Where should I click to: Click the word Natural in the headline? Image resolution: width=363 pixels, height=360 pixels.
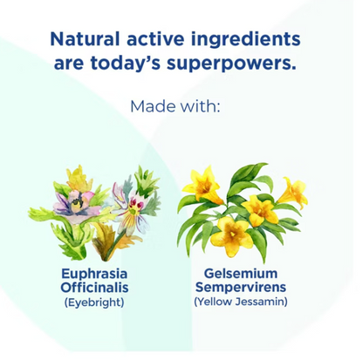(85, 39)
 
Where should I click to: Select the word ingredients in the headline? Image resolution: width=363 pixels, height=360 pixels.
(246, 40)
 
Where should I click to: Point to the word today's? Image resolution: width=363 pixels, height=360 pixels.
(126, 63)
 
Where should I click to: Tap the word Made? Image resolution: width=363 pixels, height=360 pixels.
(153, 106)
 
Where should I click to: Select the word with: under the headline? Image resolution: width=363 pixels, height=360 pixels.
(200, 106)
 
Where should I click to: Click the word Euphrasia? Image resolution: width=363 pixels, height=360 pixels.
(94, 275)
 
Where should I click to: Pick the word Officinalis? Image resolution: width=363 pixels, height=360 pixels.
(94, 288)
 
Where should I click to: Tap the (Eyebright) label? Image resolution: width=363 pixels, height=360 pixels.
(94, 302)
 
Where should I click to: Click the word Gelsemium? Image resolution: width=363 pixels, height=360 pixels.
(241, 274)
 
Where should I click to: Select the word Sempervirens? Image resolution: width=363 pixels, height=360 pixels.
(241, 288)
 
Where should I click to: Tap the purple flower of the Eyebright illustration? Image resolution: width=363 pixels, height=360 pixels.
(75, 204)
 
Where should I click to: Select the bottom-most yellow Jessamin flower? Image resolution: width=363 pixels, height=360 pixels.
(232, 236)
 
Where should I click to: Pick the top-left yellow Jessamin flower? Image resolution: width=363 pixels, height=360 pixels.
(203, 186)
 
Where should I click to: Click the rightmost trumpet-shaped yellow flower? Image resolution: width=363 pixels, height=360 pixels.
(293, 192)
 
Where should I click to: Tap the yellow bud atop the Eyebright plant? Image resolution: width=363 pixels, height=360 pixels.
(79, 179)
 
